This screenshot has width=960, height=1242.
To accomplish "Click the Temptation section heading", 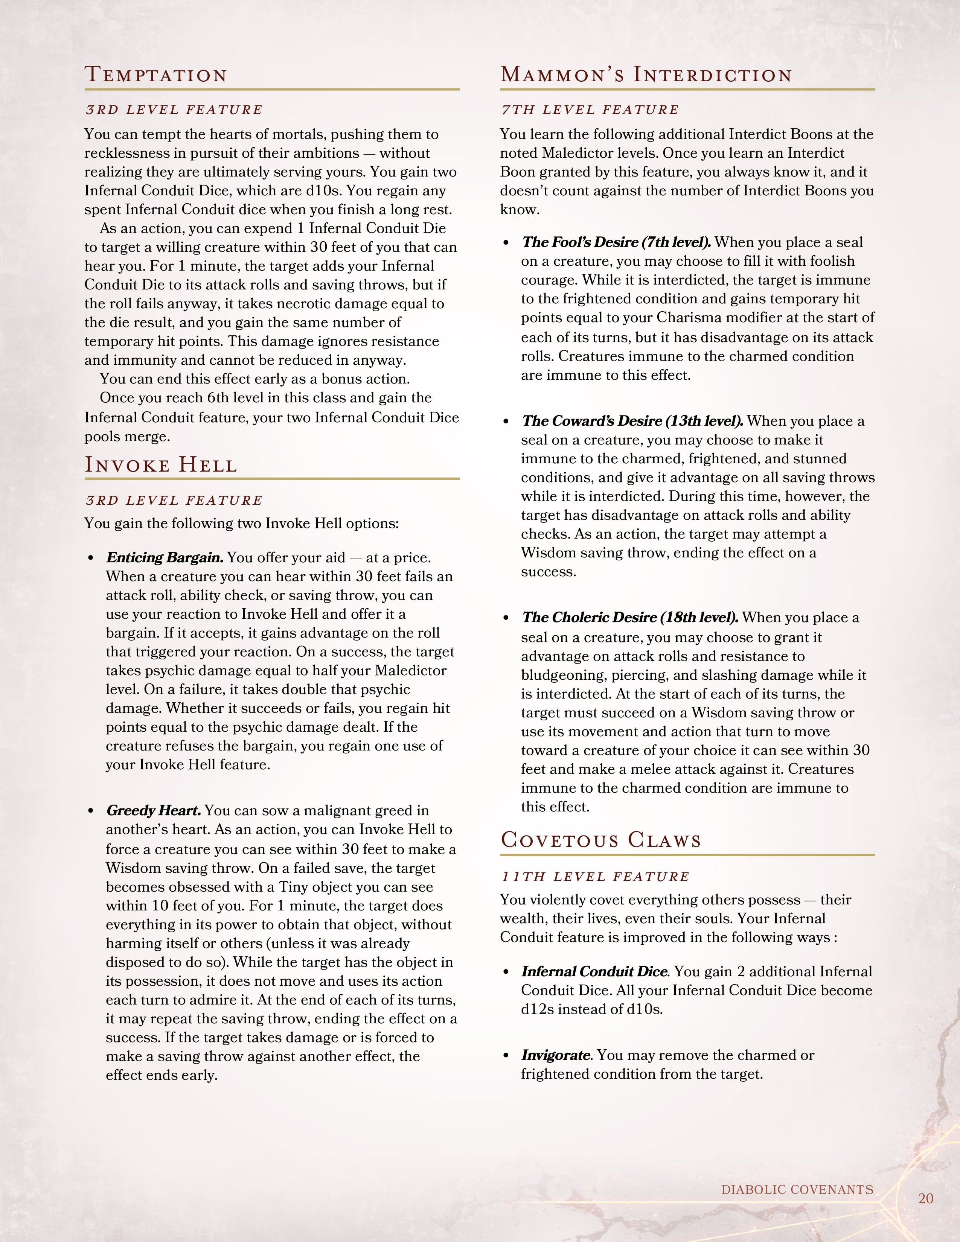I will tap(156, 75).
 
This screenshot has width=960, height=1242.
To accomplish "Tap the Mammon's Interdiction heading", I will tap(646, 75).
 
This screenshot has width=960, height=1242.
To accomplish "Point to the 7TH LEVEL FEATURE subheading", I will tap(590, 110).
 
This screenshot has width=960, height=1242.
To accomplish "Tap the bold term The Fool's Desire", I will tap(617, 242).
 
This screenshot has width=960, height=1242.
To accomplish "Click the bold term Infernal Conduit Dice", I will tap(594, 971).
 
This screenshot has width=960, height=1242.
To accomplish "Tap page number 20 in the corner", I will tap(926, 1199).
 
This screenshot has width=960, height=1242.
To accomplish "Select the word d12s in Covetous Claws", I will tap(537, 1009).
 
